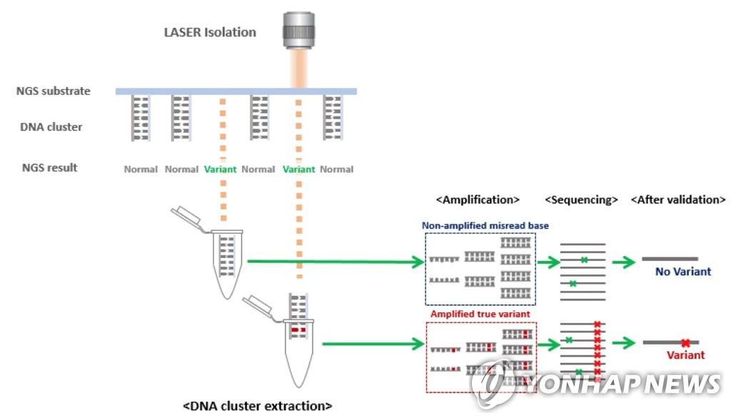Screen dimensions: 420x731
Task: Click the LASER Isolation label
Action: [x=209, y=32]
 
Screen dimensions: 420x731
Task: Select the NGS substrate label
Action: [x=54, y=91]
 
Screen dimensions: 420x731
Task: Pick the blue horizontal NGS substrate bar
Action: [x=236, y=91]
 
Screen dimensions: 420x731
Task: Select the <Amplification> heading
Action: [x=478, y=200]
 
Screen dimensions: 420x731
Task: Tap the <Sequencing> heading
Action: [x=581, y=200]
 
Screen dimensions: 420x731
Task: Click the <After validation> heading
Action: [x=678, y=200]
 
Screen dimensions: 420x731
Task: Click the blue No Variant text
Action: [x=683, y=272]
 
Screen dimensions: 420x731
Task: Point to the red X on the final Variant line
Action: [x=685, y=343]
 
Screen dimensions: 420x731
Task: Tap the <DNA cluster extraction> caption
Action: [x=258, y=406]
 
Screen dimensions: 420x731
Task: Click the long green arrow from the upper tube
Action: [x=336, y=262]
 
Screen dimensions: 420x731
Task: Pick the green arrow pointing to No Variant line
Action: [x=623, y=262]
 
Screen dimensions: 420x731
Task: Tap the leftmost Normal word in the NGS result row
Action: [x=141, y=170]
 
